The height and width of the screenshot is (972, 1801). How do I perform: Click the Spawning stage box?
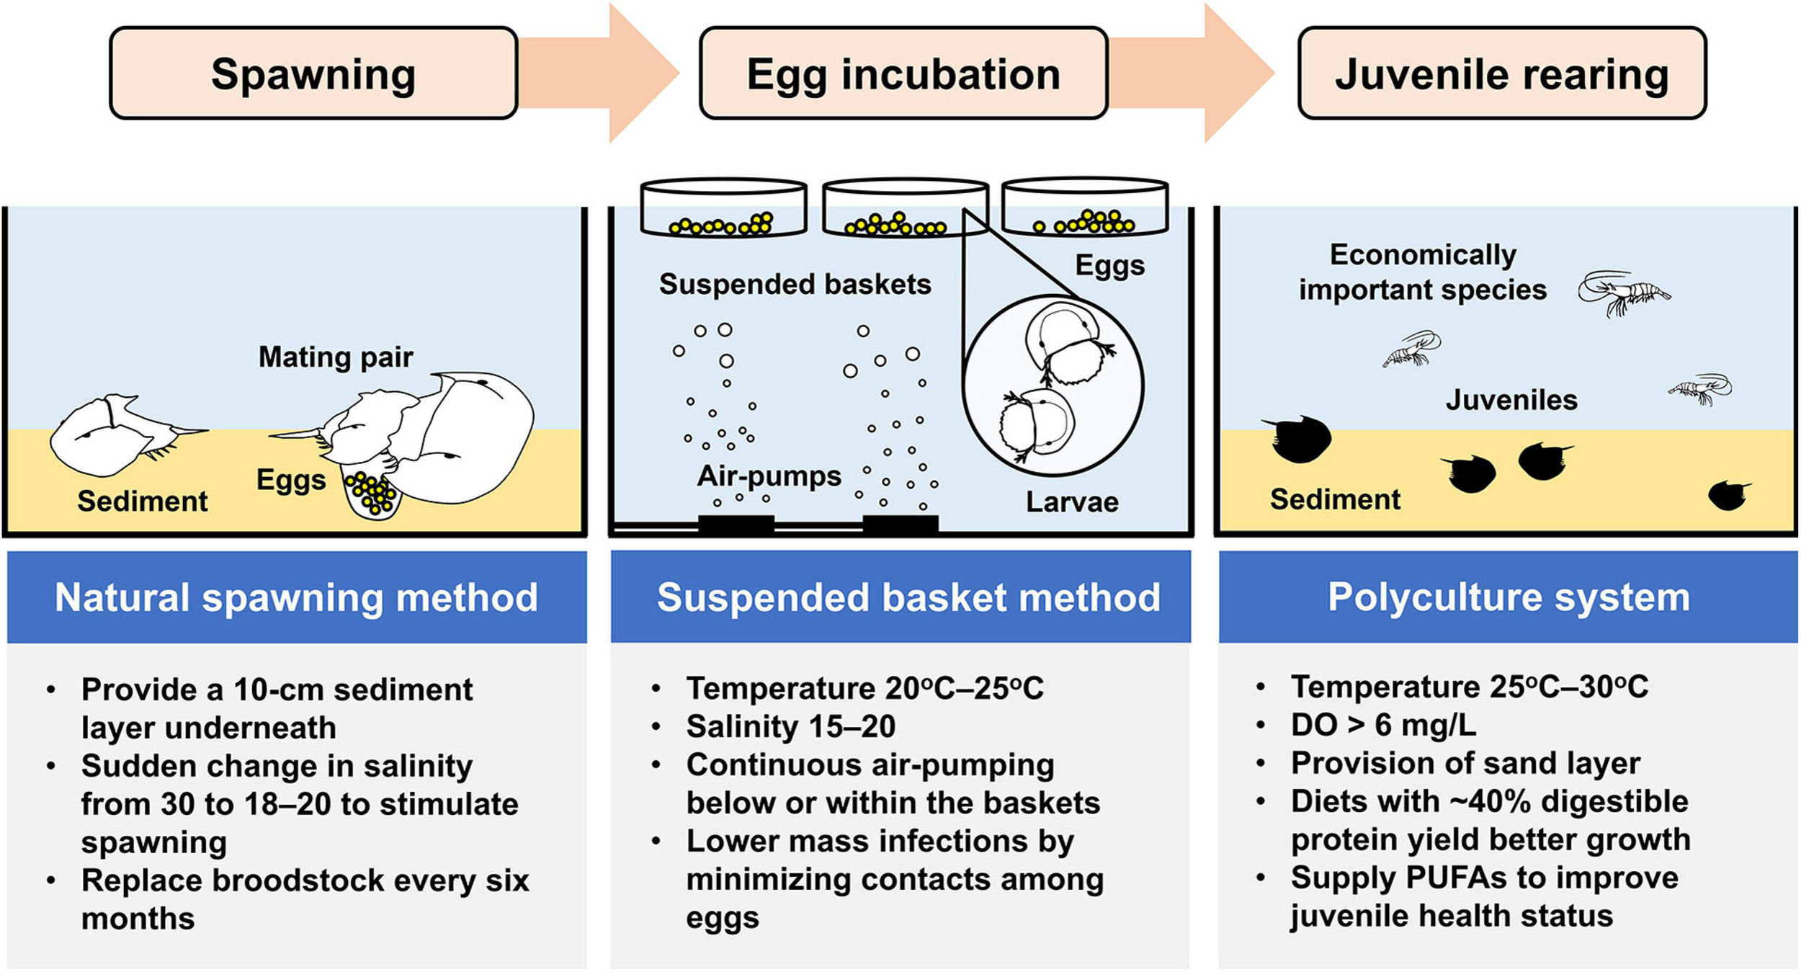click(313, 73)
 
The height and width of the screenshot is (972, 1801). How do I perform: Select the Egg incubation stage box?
click(903, 73)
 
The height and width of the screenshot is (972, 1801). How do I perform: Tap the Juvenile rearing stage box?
click(1501, 73)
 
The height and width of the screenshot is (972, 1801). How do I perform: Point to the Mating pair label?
click(336, 357)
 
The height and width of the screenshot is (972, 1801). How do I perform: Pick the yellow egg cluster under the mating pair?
click(371, 493)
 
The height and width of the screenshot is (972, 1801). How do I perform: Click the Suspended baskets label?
click(795, 285)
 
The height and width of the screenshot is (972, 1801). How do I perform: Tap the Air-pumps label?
click(769, 476)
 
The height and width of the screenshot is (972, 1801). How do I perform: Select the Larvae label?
click(1072, 502)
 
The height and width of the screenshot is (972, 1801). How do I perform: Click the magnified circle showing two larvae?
click(1053, 385)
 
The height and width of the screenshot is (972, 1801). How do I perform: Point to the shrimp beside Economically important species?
click(1625, 293)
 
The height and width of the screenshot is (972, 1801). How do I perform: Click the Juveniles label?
click(1511, 400)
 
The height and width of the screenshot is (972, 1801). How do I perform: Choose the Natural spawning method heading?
click(296, 597)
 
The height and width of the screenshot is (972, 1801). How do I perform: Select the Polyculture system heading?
click(1509, 597)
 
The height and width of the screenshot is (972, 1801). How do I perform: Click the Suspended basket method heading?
click(908, 597)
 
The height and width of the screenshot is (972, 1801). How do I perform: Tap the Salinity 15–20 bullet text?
click(790, 726)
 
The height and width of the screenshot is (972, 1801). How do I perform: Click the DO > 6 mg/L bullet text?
click(1383, 725)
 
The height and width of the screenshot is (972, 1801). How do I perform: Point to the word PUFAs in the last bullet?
click(1457, 878)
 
